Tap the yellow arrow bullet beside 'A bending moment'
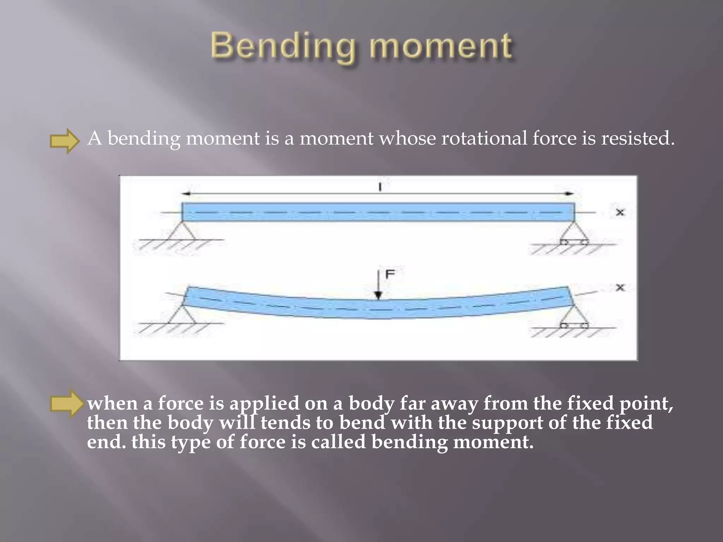point(65,141)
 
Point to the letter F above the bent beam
point(390,274)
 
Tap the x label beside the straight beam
point(620,212)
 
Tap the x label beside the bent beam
point(620,288)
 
